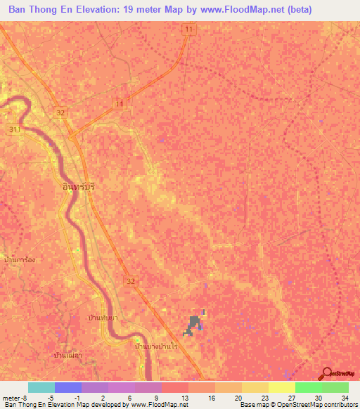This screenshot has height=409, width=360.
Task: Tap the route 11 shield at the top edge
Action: pos(188,28)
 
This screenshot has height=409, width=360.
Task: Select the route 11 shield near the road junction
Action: pos(120,103)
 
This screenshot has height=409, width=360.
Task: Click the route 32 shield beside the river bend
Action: pos(61,112)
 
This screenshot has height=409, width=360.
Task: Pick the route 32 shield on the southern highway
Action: pos(131,281)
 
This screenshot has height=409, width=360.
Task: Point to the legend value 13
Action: pos(186,398)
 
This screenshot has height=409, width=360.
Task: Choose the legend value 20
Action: pos(239,398)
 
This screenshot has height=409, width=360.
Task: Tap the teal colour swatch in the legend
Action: pos(41,387)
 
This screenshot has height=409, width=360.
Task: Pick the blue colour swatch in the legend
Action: pos(67,387)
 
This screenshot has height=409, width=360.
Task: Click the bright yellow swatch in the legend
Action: pos(281,387)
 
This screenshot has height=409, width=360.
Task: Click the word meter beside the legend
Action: pos(10,398)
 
